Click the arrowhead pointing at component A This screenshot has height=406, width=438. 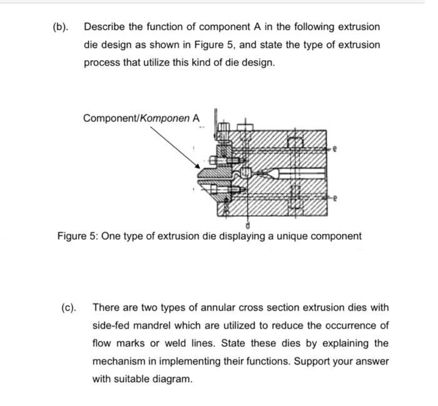tap(199, 166)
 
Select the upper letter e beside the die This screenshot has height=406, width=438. tap(337, 150)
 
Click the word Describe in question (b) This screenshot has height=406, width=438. tap(104, 28)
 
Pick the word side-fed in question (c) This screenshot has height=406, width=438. tap(112, 325)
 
